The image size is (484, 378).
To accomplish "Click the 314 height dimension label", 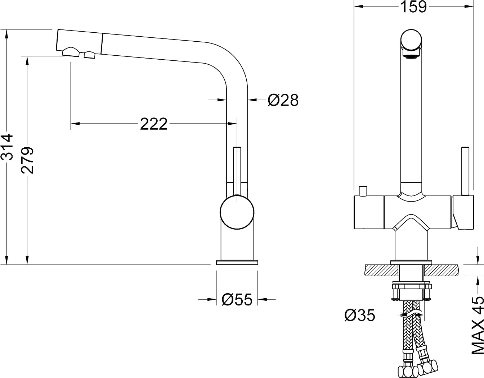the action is tap(7, 147).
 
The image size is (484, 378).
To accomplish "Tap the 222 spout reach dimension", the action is tap(154, 124).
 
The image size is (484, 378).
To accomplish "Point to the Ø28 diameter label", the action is tap(283, 101).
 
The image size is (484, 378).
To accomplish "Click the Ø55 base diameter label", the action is tap(237, 299).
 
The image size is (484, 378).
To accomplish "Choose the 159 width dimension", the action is tap(413, 7).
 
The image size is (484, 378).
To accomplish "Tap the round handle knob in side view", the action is tap(237, 212).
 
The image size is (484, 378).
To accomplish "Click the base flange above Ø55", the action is tap(237, 262).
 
